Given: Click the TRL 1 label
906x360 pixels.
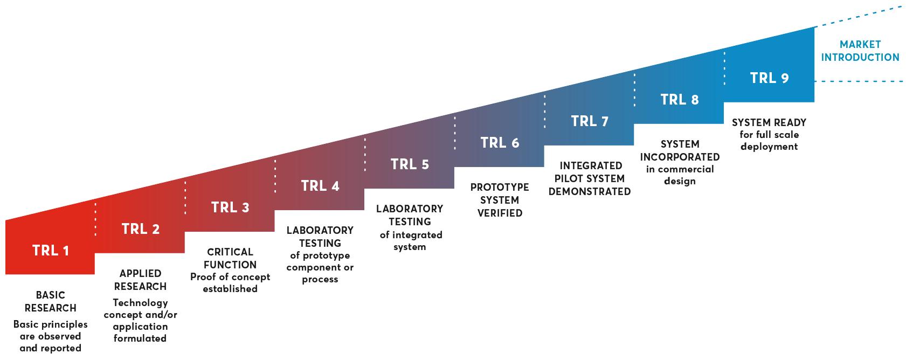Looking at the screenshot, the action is [51, 251].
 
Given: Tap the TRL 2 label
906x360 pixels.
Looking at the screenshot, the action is [140, 229].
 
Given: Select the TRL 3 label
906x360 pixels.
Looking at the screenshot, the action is [230, 207].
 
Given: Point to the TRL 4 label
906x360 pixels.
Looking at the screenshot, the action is [320, 186].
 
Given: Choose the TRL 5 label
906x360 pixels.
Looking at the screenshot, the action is [410, 164].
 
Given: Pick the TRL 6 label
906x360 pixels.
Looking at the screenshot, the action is [500, 143].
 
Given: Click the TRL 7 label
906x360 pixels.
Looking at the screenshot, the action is [589, 121].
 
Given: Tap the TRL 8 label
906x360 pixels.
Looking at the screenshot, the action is [680, 100].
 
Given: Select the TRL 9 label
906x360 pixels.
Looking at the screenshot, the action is [769, 78].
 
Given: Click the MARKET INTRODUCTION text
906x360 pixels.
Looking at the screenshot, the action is [860, 51].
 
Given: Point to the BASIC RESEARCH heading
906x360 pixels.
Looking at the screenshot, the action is [51, 301].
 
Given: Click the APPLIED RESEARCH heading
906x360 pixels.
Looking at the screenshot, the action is [140, 280].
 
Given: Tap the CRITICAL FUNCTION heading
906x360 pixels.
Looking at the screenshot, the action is [230, 258].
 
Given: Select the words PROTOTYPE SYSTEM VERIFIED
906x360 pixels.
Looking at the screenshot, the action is [500, 200].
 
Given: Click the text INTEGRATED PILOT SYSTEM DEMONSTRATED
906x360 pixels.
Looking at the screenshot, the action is [590, 178].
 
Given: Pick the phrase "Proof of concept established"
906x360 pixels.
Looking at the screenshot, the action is [230, 283].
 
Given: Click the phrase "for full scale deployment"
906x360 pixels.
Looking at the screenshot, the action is [769, 140].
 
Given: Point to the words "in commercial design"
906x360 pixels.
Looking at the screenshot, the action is [680, 175].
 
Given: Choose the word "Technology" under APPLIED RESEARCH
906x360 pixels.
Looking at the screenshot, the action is [140, 302].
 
